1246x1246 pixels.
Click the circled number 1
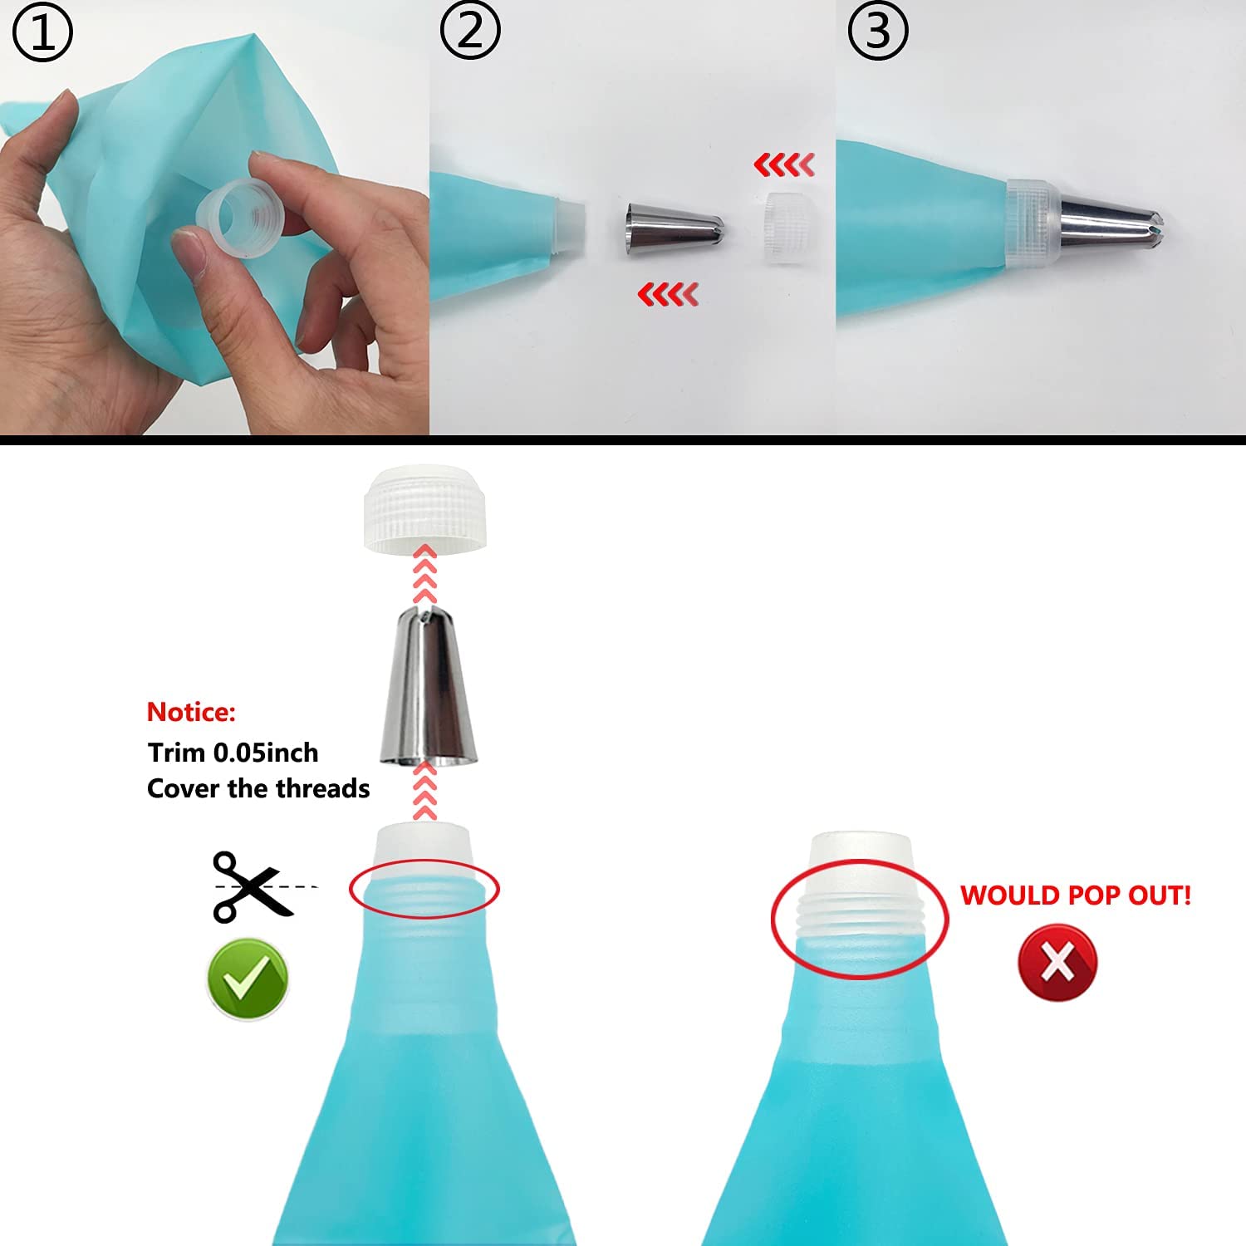click(x=42, y=32)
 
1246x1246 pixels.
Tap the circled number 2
click(x=470, y=32)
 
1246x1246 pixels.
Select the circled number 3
click(x=878, y=32)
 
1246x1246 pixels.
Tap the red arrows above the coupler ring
click(x=784, y=165)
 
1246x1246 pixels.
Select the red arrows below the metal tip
click(x=668, y=294)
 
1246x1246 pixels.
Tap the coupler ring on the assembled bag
click(x=1034, y=223)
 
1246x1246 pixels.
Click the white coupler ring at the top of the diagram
click(x=424, y=507)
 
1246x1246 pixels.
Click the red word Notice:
click(x=191, y=712)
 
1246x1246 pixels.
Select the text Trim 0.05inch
click(x=233, y=753)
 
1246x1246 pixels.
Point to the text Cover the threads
click(x=258, y=788)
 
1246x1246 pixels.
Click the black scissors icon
click(x=250, y=886)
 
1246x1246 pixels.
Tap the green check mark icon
click(x=248, y=979)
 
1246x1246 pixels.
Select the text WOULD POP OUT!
click(x=1076, y=895)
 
